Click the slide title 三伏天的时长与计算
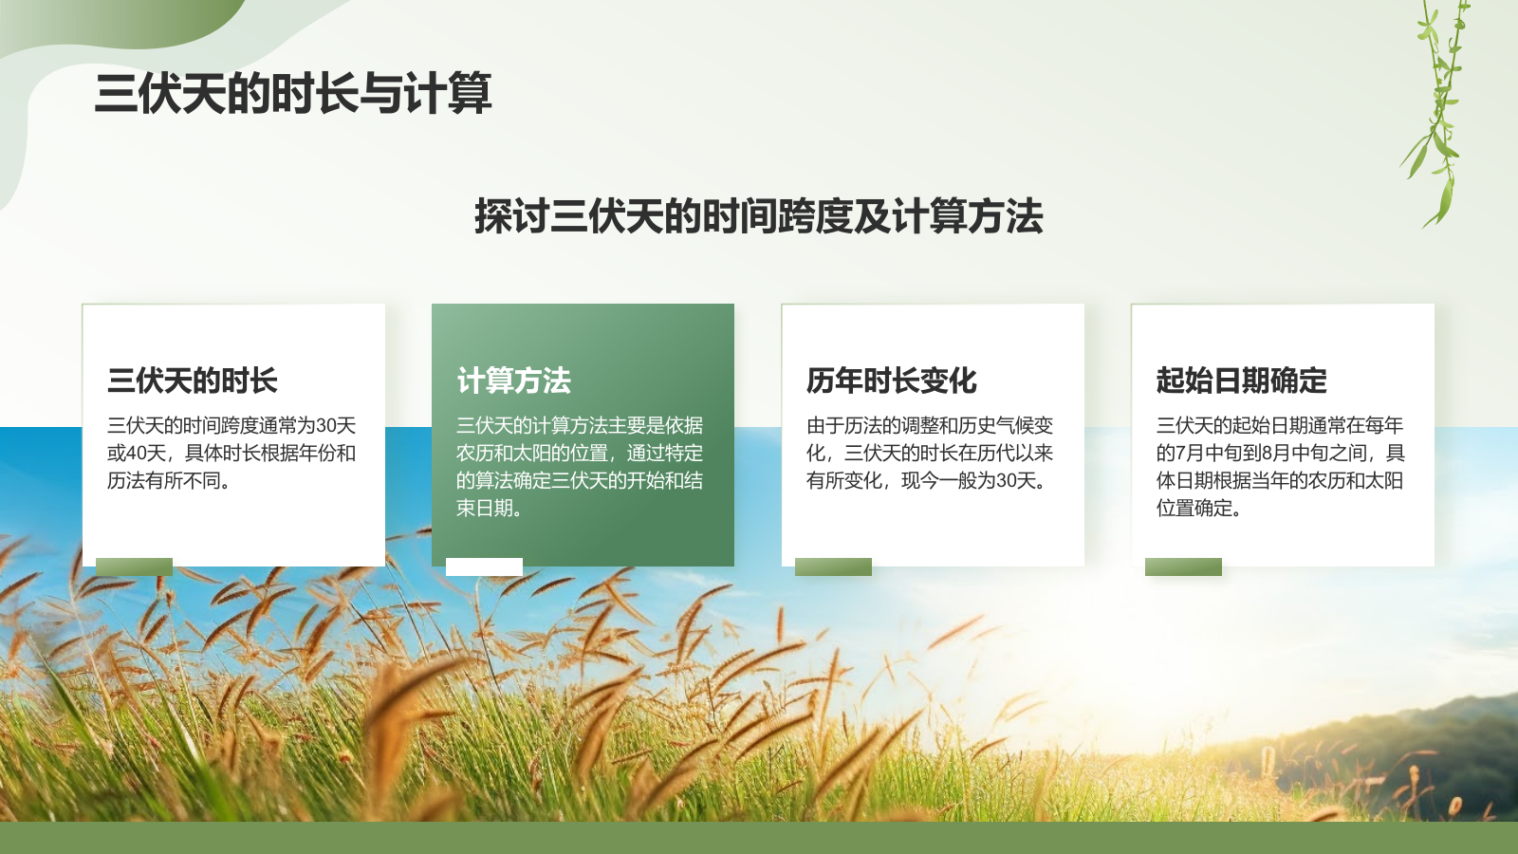293,93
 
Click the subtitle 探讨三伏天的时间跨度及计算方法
758,216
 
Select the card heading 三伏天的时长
192,381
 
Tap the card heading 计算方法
513,381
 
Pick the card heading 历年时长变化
891,381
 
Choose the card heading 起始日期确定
1241,381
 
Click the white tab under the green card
484,566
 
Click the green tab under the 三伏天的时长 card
134,566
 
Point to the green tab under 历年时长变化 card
833,566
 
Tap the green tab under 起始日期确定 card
1183,566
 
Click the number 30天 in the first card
336,426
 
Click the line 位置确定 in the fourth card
1197,509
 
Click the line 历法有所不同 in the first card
168,481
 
